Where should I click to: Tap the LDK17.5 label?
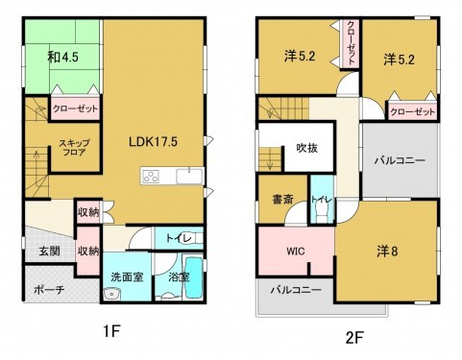(153, 140)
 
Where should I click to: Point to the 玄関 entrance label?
(49, 251)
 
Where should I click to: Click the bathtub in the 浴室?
(193, 278)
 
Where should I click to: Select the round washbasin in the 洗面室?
(110, 293)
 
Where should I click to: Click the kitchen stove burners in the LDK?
(153, 176)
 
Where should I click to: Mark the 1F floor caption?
(112, 332)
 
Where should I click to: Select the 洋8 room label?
(387, 252)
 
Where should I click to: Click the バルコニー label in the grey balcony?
(400, 160)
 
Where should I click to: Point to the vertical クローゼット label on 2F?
(351, 42)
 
